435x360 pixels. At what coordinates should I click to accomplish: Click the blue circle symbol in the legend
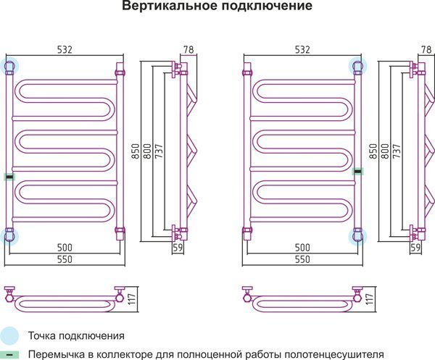click(x=9, y=336)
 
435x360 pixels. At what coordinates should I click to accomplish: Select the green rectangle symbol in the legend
click(x=9, y=355)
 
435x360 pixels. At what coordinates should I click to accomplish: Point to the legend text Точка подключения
click(x=76, y=336)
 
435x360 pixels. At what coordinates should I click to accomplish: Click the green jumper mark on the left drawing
click(x=9, y=177)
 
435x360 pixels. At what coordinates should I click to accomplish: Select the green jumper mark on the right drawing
click(x=358, y=171)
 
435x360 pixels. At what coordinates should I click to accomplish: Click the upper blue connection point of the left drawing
click(x=10, y=67)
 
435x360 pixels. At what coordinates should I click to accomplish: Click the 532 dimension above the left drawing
click(x=65, y=49)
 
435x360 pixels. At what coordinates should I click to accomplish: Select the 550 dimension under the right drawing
click(x=302, y=259)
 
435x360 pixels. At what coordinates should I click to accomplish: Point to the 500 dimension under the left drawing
click(x=65, y=248)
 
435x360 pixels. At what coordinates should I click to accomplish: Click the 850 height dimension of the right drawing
click(x=374, y=151)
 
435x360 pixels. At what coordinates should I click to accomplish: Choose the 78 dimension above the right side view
click(x=424, y=49)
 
